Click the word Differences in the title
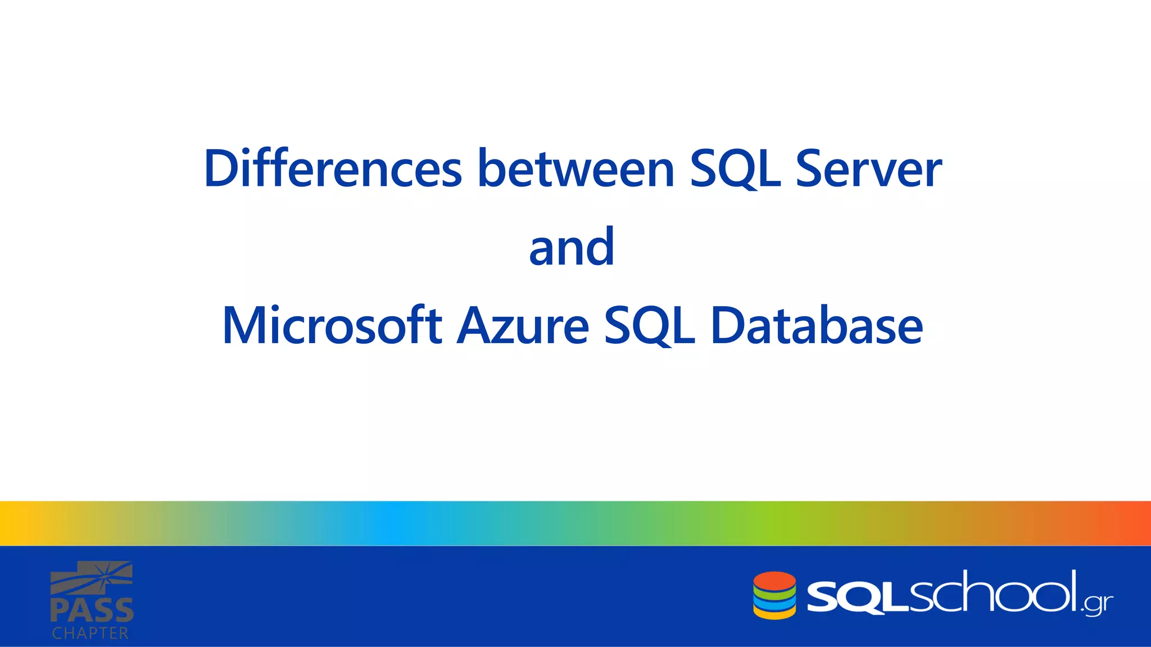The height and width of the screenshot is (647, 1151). coord(333,168)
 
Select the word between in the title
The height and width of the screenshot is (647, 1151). coord(575,168)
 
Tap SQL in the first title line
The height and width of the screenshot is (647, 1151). coord(735,168)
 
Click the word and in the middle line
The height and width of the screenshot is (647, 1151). coord(572,247)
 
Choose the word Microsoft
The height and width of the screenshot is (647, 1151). coord(332,326)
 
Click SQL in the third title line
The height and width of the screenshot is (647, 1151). coord(649,326)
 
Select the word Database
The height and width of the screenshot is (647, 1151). coord(816,326)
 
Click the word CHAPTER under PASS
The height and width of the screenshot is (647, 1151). coord(90,634)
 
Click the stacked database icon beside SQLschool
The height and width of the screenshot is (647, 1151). coord(774,596)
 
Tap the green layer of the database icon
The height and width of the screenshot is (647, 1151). coord(774,593)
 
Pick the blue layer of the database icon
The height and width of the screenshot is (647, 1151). coord(774,603)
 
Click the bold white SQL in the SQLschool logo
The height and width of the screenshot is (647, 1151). coord(857,598)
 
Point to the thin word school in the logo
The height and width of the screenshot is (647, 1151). coord(992,593)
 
